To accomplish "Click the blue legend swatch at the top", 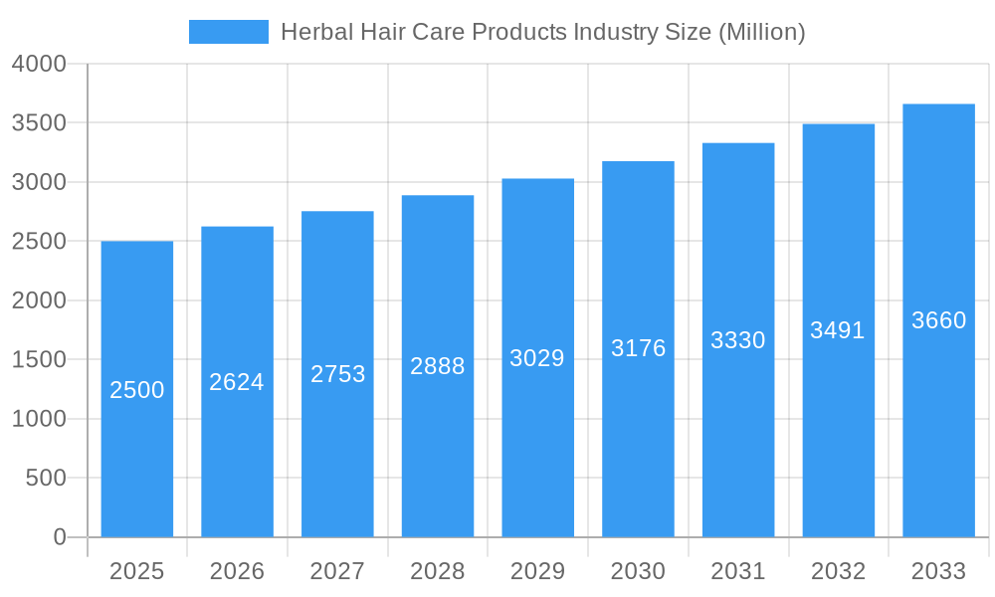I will pyautogui.click(x=228, y=32).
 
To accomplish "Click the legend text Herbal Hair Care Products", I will pyautogui.click(x=542, y=32).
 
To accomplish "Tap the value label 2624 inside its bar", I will pyautogui.click(x=237, y=382).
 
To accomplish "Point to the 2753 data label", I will pyautogui.click(x=338, y=374).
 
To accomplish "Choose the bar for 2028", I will pyautogui.click(x=438, y=448).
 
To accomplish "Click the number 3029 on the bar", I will pyautogui.click(x=537, y=358).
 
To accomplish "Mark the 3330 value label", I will pyautogui.click(x=738, y=340).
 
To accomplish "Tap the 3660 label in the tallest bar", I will pyautogui.click(x=939, y=320).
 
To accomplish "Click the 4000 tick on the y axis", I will pyautogui.click(x=39, y=64).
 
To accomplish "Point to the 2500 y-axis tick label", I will pyautogui.click(x=39, y=242).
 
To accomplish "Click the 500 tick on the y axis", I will pyautogui.click(x=46, y=479).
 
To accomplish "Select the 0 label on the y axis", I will pyautogui.click(x=59, y=537).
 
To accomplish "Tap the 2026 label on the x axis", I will pyautogui.click(x=237, y=571).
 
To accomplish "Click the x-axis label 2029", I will pyautogui.click(x=537, y=571).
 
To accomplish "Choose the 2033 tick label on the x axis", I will pyautogui.click(x=939, y=571).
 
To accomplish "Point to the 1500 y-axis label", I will pyautogui.click(x=39, y=360).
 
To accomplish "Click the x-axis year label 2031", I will pyautogui.click(x=738, y=571).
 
